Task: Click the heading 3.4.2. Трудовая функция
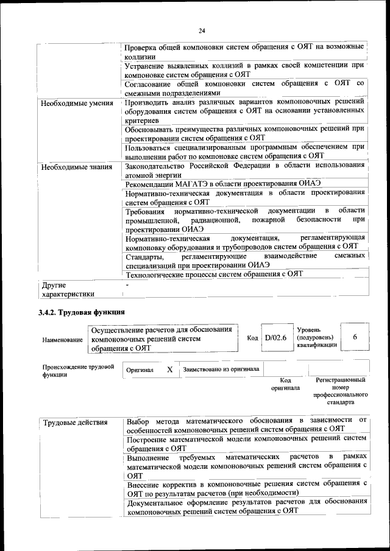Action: (82, 312)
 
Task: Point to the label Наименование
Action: (63, 340)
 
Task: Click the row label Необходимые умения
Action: (77, 103)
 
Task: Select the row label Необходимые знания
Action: (76, 166)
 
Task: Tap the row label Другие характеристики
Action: (67, 289)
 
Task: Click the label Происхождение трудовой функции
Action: (78, 371)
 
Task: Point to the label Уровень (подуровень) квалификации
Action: (315, 337)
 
